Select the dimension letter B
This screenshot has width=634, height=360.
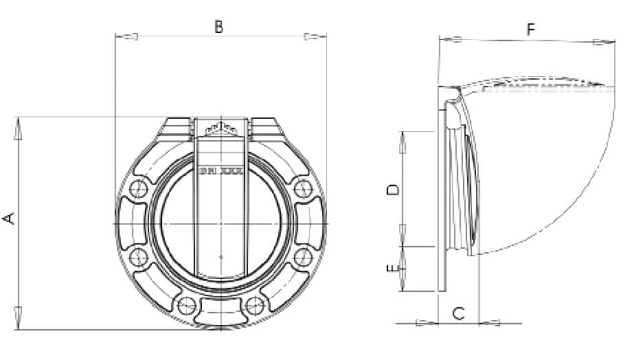(x=218, y=27)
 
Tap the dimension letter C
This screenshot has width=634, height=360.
(x=459, y=313)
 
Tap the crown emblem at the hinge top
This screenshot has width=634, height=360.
(x=220, y=128)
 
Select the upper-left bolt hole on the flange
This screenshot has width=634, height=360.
(x=139, y=190)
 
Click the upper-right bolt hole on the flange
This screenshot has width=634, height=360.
(x=302, y=190)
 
